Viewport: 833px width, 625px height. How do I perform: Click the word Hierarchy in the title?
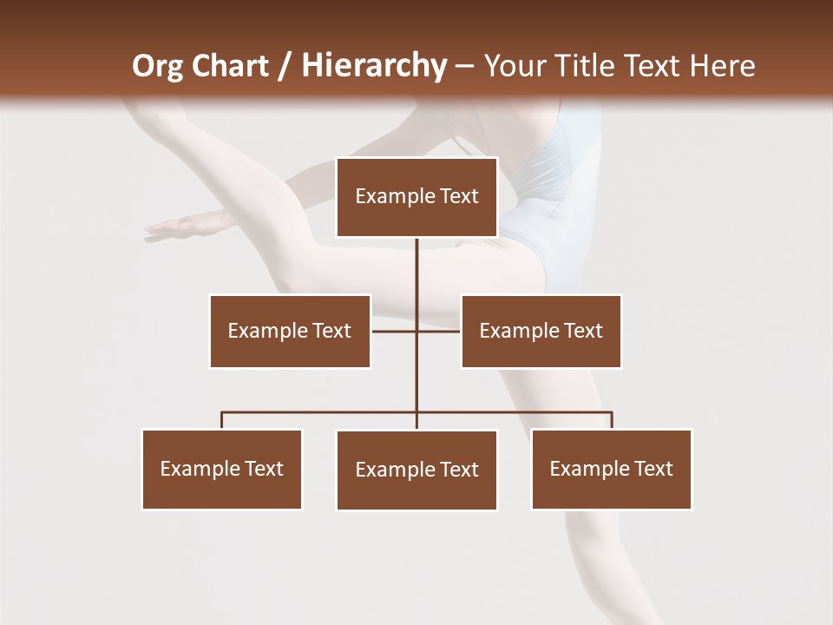pyautogui.click(x=373, y=66)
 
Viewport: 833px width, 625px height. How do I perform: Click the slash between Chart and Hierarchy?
pyautogui.click(x=285, y=66)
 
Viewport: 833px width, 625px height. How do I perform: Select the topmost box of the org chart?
pyautogui.click(x=416, y=197)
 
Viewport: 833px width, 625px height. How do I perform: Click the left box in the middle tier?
pyautogui.click(x=290, y=331)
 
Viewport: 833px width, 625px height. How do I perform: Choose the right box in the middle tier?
pyautogui.click(x=541, y=331)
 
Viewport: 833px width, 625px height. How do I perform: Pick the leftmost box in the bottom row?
pyautogui.click(x=222, y=469)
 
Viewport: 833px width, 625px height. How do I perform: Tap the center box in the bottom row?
pyautogui.click(x=416, y=470)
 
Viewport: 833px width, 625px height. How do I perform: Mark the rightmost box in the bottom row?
pyautogui.click(x=611, y=469)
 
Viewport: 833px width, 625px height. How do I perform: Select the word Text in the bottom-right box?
pyautogui.click(x=653, y=469)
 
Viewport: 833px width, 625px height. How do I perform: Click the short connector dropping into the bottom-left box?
pyautogui.click(x=222, y=420)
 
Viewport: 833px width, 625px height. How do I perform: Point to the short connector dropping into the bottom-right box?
pyautogui.click(x=612, y=420)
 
